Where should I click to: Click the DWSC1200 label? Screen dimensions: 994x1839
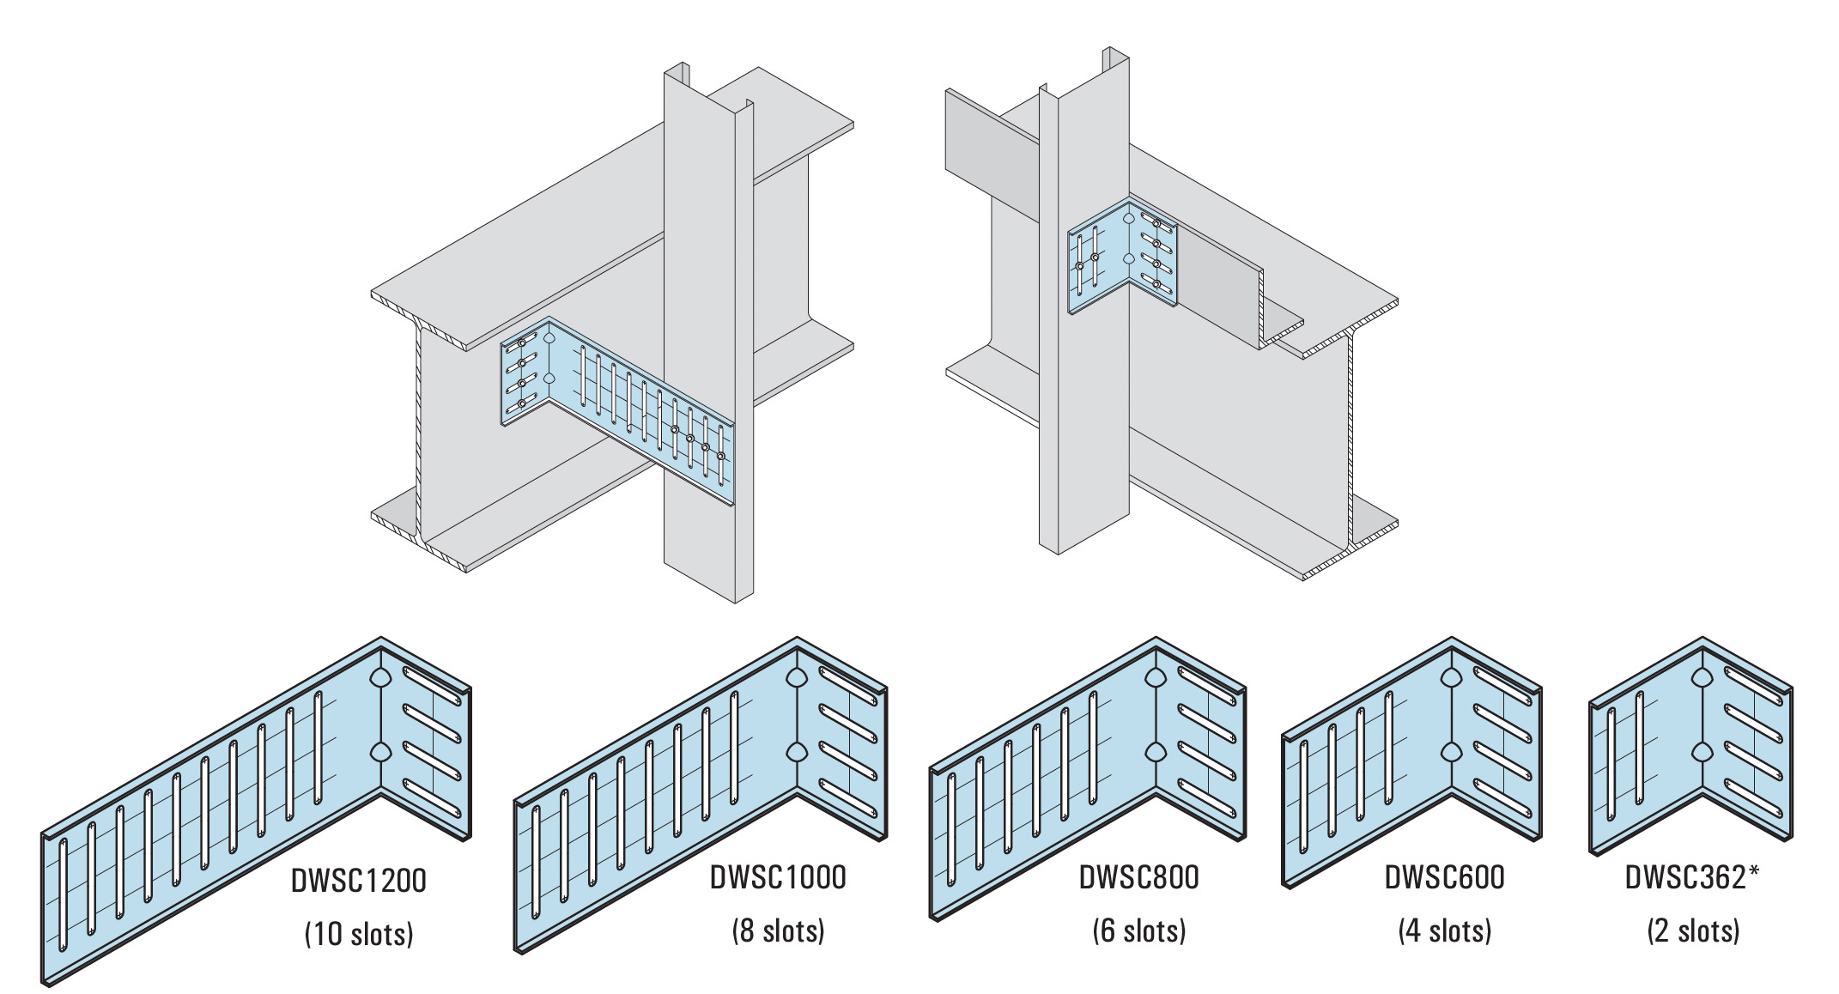(x=358, y=882)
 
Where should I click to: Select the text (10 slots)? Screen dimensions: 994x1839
(x=359, y=934)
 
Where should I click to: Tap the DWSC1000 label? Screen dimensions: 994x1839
(x=778, y=878)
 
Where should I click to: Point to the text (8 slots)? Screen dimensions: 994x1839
(x=778, y=930)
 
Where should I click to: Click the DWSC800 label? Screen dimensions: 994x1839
(x=1138, y=878)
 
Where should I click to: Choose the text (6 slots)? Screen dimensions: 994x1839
(x=1138, y=930)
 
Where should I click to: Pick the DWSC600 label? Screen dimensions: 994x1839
(x=1444, y=878)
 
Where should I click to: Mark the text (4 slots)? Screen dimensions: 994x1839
(x=1444, y=930)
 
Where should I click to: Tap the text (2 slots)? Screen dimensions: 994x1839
(x=1693, y=930)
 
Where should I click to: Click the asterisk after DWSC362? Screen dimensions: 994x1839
(x=1753, y=871)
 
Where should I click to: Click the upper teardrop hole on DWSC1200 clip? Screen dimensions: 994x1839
(x=379, y=678)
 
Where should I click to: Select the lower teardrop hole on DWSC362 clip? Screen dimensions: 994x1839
(x=1702, y=753)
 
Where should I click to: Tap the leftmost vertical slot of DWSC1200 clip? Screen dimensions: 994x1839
(x=63, y=894)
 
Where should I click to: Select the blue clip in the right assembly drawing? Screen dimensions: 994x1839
(x=1120, y=258)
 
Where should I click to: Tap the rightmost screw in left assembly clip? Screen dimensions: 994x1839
(x=720, y=456)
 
